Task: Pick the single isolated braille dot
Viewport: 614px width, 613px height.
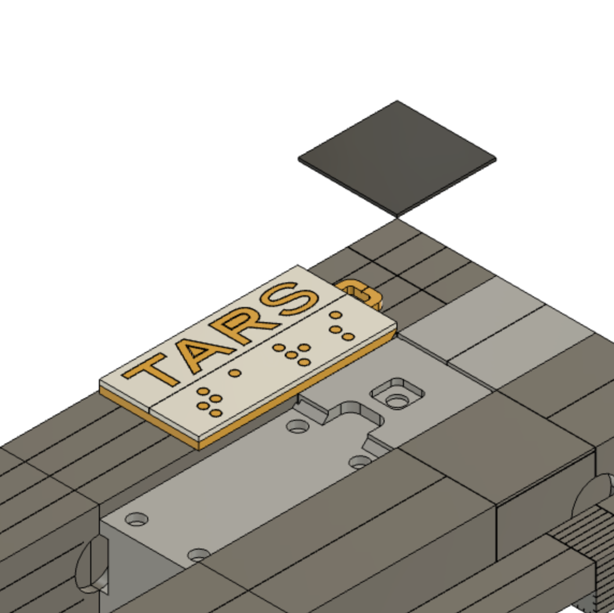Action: [235, 373]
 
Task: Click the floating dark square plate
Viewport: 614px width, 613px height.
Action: [397, 159]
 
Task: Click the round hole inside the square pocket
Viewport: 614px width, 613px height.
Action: [397, 401]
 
